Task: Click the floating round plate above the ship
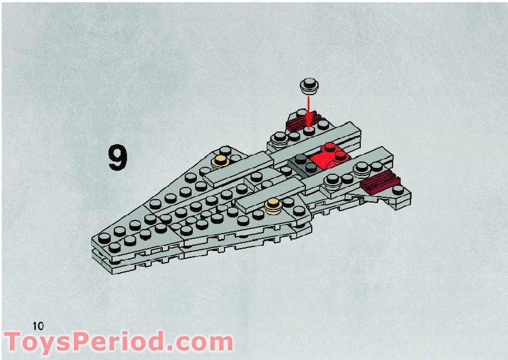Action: [x=309, y=87]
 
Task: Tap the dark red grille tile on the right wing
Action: [x=379, y=183]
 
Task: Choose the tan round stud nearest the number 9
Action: [x=220, y=162]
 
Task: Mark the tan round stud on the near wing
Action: [x=272, y=204]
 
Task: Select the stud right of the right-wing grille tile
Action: [x=398, y=189]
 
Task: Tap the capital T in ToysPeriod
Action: [x=14, y=343]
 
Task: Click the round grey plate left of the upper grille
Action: [x=280, y=138]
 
